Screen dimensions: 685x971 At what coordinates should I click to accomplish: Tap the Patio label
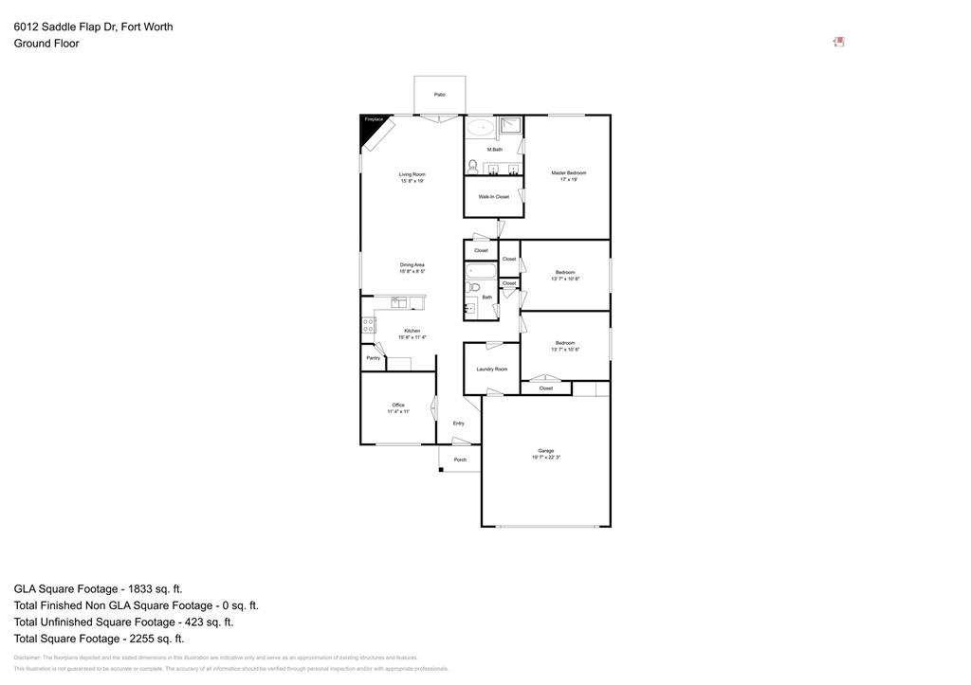[x=439, y=95]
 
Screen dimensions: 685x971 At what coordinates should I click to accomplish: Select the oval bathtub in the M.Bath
[x=481, y=128]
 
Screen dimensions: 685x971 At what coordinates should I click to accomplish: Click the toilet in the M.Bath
[x=472, y=165]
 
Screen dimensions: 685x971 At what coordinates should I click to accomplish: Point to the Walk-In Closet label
[x=493, y=197]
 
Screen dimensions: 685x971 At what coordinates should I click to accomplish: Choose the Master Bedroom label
[x=569, y=172]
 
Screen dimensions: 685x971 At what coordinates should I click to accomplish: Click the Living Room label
[x=412, y=174]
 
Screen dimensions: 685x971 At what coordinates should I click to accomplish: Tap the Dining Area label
[x=412, y=264]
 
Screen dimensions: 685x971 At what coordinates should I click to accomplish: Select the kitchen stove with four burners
[x=368, y=325]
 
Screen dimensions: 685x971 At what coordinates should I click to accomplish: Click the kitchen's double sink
[x=399, y=302]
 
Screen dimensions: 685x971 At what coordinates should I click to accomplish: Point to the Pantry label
[x=373, y=358]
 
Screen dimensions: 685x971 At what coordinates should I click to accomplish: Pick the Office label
[x=398, y=405]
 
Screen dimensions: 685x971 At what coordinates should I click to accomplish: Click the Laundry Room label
[x=491, y=370]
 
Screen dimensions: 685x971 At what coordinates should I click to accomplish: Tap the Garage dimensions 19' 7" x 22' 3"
[x=546, y=458]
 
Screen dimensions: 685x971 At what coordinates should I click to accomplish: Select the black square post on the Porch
[x=441, y=470]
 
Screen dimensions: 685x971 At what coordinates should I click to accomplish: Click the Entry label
[x=458, y=424]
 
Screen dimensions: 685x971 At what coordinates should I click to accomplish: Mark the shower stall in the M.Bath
[x=511, y=127]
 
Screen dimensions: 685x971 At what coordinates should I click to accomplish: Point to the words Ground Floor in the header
[x=46, y=44]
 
